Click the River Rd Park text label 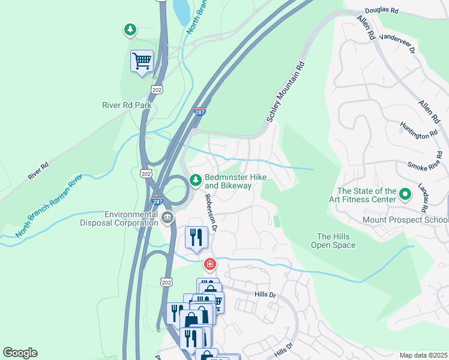coord(126,105)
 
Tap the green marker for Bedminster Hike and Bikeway coord(195,180)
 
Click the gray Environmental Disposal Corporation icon coord(167,218)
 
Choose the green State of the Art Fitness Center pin coord(405,195)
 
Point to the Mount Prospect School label coord(405,220)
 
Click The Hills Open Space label coord(333,241)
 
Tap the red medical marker coord(209,263)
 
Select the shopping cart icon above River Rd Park coord(142,61)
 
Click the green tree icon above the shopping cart coord(130,29)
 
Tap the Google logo coord(20,353)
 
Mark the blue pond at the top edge coord(181,11)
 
